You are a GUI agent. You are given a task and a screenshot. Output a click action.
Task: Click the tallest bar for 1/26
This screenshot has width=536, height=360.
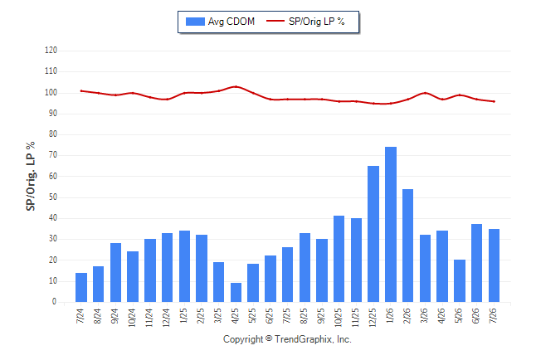[x=390, y=224]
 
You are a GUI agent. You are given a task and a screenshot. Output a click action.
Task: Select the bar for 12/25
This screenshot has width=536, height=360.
[x=373, y=234]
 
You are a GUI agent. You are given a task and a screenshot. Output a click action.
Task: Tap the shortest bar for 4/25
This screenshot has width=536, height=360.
[x=236, y=292]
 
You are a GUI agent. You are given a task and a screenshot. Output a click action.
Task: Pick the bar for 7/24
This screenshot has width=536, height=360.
[x=81, y=287]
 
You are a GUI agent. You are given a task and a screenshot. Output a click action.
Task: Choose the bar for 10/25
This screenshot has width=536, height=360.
[x=339, y=259]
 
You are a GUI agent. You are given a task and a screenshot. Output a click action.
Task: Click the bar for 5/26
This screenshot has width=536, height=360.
[x=460, y=280]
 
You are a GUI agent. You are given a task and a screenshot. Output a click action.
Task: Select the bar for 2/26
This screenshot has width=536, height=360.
[x=407, y=246]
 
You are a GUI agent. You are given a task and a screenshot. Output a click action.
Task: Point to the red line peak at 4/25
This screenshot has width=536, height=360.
[x=236, y=86]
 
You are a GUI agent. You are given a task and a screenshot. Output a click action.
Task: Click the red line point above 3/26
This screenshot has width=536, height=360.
[x=425, y=93]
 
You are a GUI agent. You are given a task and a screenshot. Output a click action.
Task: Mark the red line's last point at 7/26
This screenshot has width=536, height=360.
[x=494, y=101]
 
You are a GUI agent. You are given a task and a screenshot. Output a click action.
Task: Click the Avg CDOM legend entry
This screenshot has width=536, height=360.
[x=220, y=22]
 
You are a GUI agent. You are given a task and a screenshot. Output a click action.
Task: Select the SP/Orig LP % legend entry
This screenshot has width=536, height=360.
[x=305, y=22]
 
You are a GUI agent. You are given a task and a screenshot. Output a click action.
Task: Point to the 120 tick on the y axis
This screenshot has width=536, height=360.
[x=51, y=51]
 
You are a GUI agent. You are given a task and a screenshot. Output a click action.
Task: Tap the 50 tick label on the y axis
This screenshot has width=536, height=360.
[x=52, y=197]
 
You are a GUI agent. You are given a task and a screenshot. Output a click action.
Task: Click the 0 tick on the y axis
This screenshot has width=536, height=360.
[x=55, y=302]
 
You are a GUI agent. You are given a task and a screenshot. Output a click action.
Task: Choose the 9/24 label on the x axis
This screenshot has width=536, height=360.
[x=115, y=316]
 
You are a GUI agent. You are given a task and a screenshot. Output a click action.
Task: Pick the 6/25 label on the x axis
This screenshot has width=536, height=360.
[x=269, y=316]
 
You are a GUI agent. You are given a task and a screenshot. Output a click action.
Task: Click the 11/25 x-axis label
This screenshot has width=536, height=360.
[x=355, y=318]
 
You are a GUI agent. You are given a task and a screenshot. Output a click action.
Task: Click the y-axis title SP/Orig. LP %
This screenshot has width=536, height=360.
[x=31, y=176]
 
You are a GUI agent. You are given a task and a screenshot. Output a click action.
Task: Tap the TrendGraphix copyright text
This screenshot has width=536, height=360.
[x=287, y=339]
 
